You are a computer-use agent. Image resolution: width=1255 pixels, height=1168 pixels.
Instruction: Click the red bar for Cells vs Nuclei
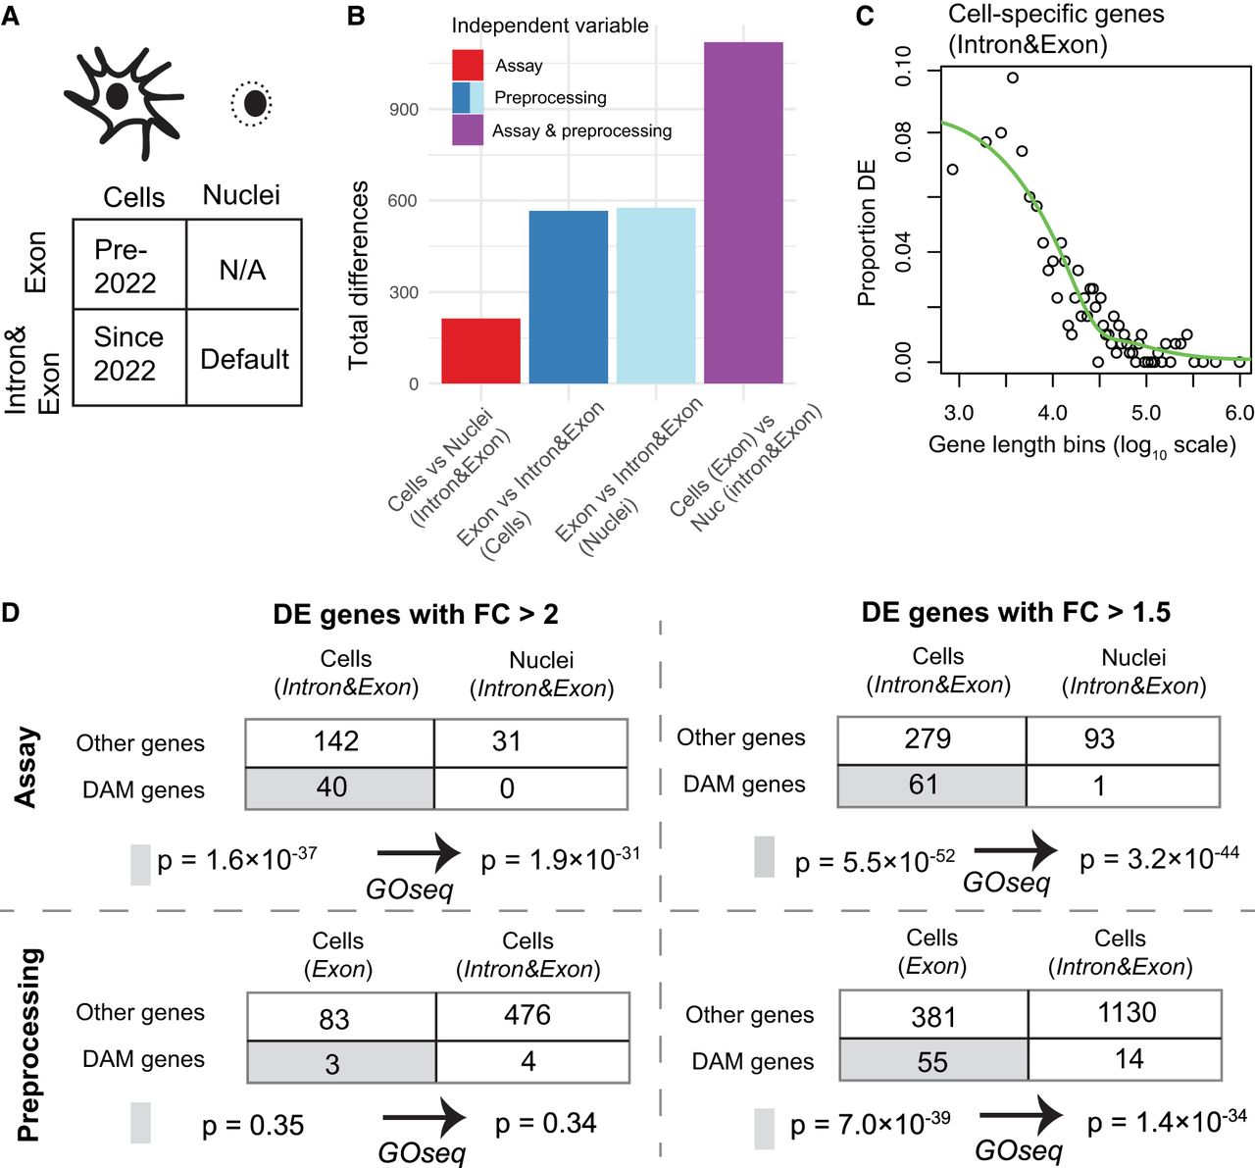point(480,350)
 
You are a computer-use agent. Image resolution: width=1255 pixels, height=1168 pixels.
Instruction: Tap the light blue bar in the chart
point(656,295)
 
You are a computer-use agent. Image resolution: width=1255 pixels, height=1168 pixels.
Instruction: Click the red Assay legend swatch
point(468,65)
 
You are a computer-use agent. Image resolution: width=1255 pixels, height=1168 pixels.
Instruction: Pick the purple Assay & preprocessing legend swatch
point(468,129)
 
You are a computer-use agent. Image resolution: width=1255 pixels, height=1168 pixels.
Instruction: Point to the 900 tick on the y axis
point(404,109)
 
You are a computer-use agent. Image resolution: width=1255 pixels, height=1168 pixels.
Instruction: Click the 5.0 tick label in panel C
point(1145,413)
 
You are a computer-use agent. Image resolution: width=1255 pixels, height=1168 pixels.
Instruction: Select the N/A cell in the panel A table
point(242,270)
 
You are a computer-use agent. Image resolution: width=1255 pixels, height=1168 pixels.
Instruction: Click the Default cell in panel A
point(244,359)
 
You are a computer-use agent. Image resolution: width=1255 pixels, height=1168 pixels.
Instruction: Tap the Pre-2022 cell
point(125,267)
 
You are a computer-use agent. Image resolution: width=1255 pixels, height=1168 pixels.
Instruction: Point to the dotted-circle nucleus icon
point(253,103)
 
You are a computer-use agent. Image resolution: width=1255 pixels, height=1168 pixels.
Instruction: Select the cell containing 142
point(337,741)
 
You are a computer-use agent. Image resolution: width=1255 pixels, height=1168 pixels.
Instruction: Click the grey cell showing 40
point(333,787)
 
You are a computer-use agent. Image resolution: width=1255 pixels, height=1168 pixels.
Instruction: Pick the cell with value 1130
point(1127,1012)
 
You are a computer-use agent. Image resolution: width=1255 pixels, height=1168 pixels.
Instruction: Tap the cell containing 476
point(527,1015)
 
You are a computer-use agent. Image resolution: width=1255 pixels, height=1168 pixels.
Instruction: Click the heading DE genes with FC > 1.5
point(1016,613)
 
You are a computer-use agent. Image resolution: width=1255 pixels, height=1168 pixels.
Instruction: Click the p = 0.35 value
point(253,1126)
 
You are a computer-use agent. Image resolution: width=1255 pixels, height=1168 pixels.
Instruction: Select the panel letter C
point(865,16)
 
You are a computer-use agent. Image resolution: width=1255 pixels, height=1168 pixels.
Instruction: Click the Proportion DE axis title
point(867,233)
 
